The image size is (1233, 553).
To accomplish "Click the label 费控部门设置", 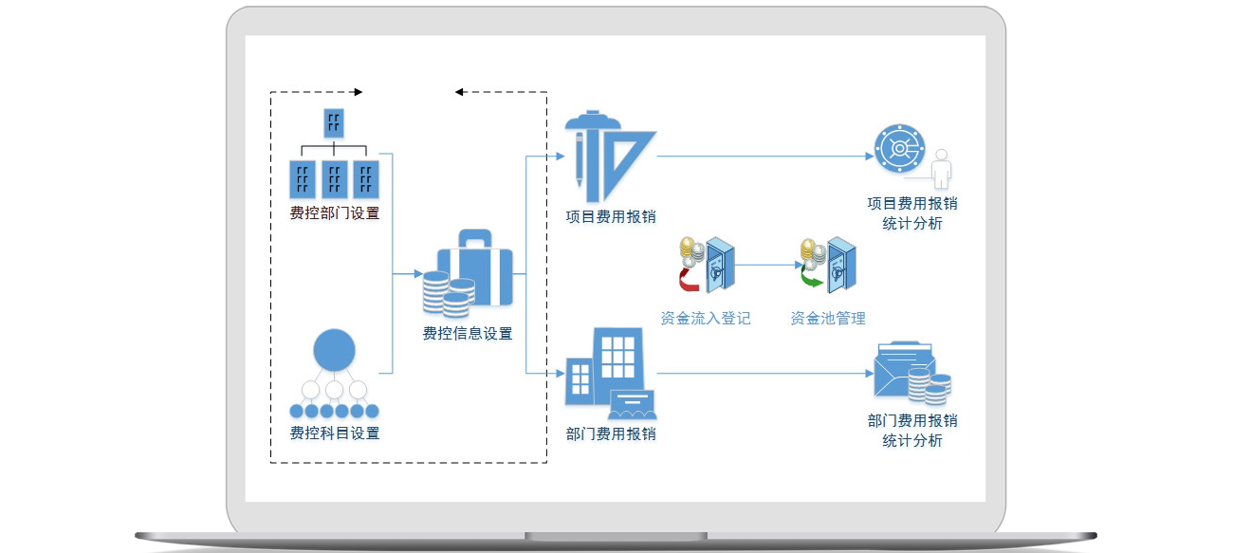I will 334,213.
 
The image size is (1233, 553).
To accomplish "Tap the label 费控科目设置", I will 334,433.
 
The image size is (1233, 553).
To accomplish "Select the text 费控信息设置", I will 467,334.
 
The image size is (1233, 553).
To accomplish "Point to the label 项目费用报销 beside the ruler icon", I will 610,216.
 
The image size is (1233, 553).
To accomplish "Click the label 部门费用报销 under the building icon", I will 610,434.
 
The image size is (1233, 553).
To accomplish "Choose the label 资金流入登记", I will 705,319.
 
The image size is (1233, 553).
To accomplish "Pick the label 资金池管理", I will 827,319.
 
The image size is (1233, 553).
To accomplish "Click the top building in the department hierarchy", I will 334,122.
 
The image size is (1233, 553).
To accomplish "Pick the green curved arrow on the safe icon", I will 810,280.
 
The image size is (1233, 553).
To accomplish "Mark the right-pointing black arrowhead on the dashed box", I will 357,92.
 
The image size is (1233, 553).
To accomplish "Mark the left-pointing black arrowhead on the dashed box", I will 459,92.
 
